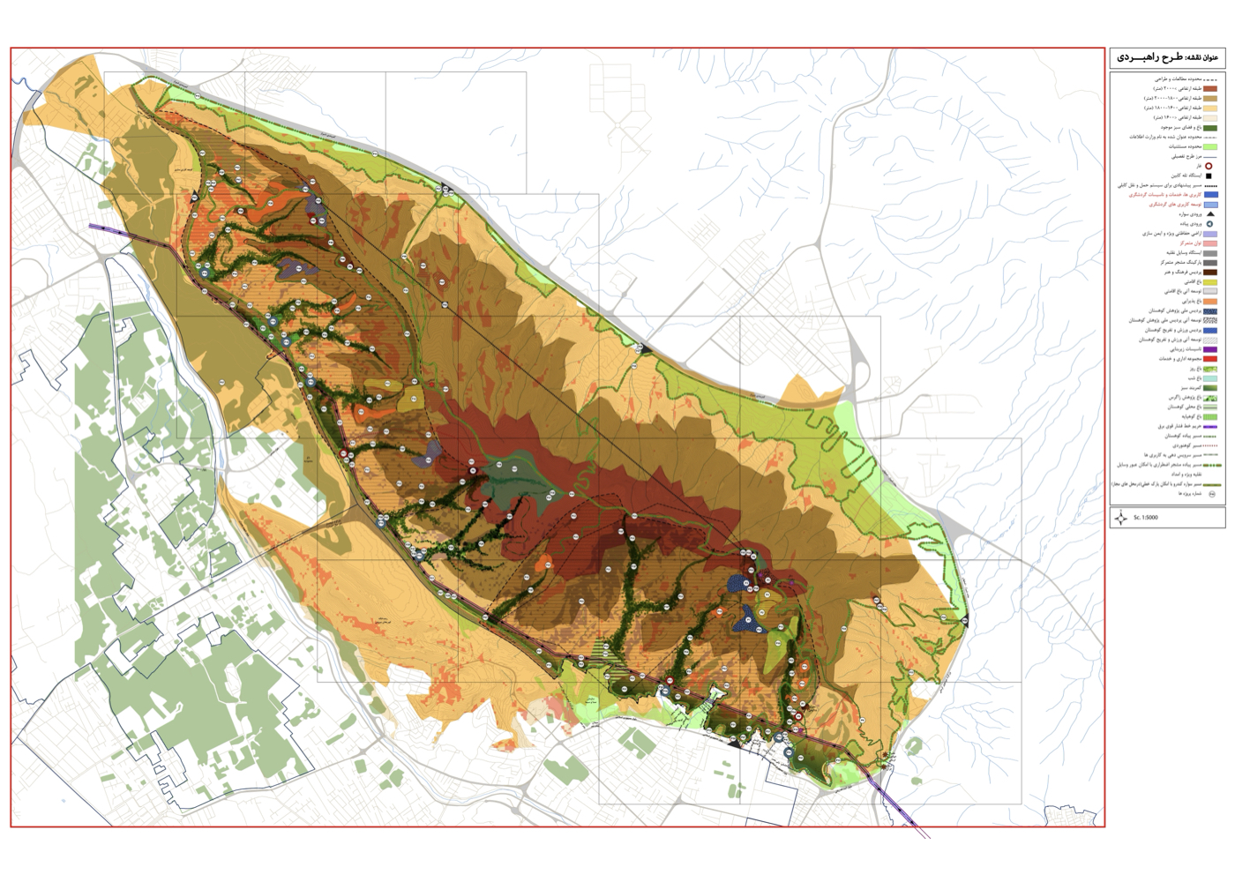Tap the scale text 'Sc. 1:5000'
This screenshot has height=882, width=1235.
(x=1146, y=518)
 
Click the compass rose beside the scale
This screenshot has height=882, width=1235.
(x=1120, y=518)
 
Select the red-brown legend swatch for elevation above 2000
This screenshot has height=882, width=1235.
(x=1210, y=89)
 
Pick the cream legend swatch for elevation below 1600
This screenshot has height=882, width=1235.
(x=1210, y=117)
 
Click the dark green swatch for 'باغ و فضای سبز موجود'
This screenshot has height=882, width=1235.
(x=1210, y=128)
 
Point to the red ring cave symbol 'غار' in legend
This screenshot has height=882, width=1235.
(x=1209, y=166)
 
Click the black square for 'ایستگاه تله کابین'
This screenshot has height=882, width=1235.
(x=1209, y=176)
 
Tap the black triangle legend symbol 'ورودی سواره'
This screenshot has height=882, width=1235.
(x=1210, y=213)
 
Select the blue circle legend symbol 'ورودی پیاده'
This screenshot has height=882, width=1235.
(x=1209, y=224)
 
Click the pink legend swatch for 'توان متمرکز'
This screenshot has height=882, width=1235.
(x=1210, y=243)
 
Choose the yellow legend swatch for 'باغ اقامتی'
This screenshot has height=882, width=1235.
(x=1210, y=282)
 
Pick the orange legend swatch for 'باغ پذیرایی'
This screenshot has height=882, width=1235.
(x=1210, y=302)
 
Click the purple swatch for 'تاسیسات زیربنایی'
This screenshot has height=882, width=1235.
(x=1210, y=349)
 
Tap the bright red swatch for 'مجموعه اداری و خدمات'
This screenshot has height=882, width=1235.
(x=1210, y=359)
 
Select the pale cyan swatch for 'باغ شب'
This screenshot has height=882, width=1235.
(x=1210, y=378)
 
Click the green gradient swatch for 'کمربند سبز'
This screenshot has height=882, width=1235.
(x=1210, y=388)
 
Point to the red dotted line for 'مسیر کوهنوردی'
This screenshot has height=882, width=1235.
(x=1210, y=445)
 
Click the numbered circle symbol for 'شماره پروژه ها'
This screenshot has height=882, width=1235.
(x=1211, y=494)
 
